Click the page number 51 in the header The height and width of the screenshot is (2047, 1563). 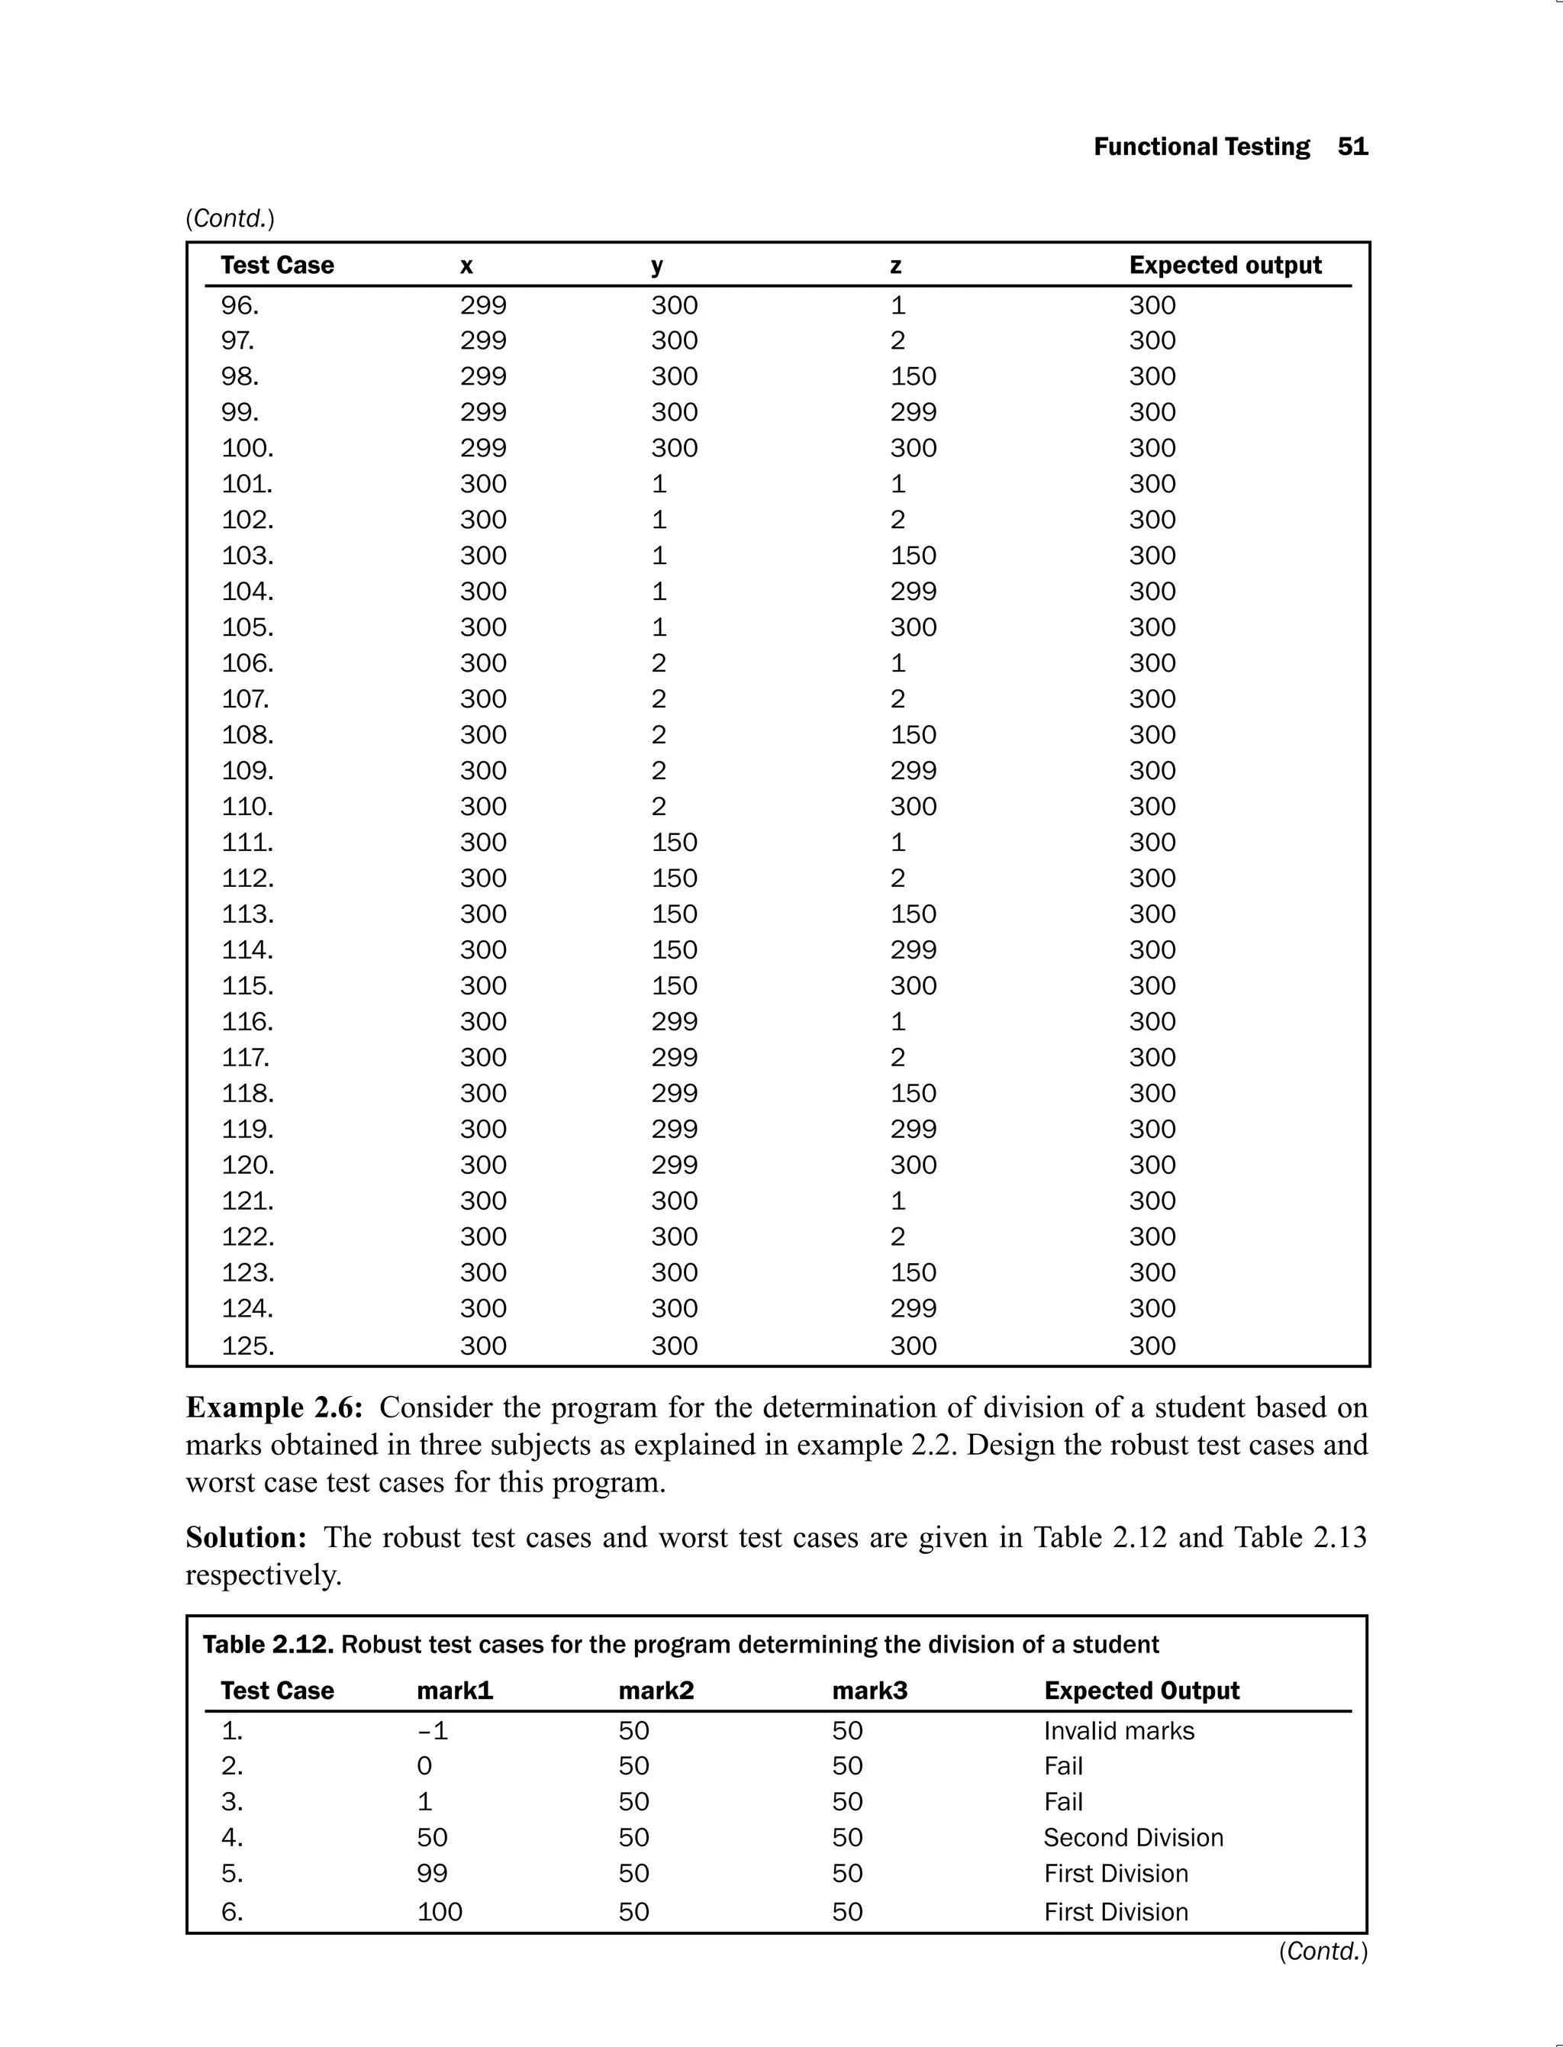(x=1352, y=147)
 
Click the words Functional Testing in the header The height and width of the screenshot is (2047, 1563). (x=1201, y=147)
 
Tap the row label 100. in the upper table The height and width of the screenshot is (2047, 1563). (x=247, y=449)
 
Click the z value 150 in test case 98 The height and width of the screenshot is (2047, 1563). (x=913, y=377)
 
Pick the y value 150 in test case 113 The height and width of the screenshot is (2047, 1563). (x=674, y=914)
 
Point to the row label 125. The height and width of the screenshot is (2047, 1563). (x=247, y=1346)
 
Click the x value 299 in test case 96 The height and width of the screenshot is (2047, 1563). (x=483, y=305)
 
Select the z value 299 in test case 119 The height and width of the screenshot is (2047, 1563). (x=913, y=1130)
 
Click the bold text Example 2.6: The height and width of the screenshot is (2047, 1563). (x=273, y=1407)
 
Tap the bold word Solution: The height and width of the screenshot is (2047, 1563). (x=246, y=1537)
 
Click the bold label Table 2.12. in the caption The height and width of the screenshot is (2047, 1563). (x=268, y=1644)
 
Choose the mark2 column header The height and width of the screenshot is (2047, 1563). (x=656, y=1691)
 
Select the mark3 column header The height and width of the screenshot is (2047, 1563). (x=869, y=1691)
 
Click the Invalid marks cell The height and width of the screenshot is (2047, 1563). (x=1118, y=1731)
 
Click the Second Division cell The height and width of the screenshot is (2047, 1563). (x=1133, y=1838)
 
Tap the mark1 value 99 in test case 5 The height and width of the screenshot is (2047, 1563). (x=432, y=1873)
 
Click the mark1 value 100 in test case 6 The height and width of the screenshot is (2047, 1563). (x=439, y=1912)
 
